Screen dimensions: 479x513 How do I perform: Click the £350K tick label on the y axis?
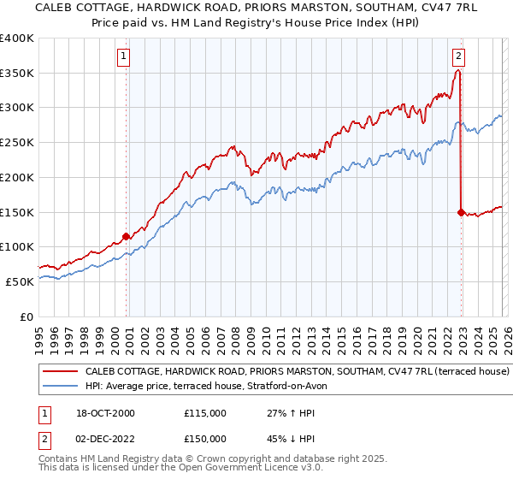tap(17, 74)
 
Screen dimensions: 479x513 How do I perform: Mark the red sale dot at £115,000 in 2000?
tap(126, 235)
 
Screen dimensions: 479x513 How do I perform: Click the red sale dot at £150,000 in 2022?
tap(461, 211)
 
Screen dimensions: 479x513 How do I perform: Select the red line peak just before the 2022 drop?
tap(458, 71)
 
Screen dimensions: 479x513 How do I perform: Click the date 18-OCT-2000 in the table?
tap(103, 413)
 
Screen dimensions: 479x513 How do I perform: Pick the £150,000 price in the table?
tap(204, 439)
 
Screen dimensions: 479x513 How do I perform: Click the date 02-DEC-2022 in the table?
tap(103, 439)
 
